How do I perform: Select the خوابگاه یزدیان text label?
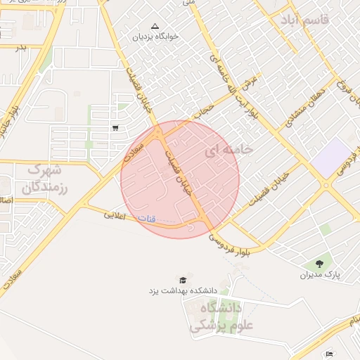pos(155,35)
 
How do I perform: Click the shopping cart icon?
pos(115,127)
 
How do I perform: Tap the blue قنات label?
pos(147,218)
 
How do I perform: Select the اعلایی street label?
pos(116,214)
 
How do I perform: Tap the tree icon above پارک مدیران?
pos(319,264)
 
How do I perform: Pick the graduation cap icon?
pos(184,279)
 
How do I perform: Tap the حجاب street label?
pos(202,108)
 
